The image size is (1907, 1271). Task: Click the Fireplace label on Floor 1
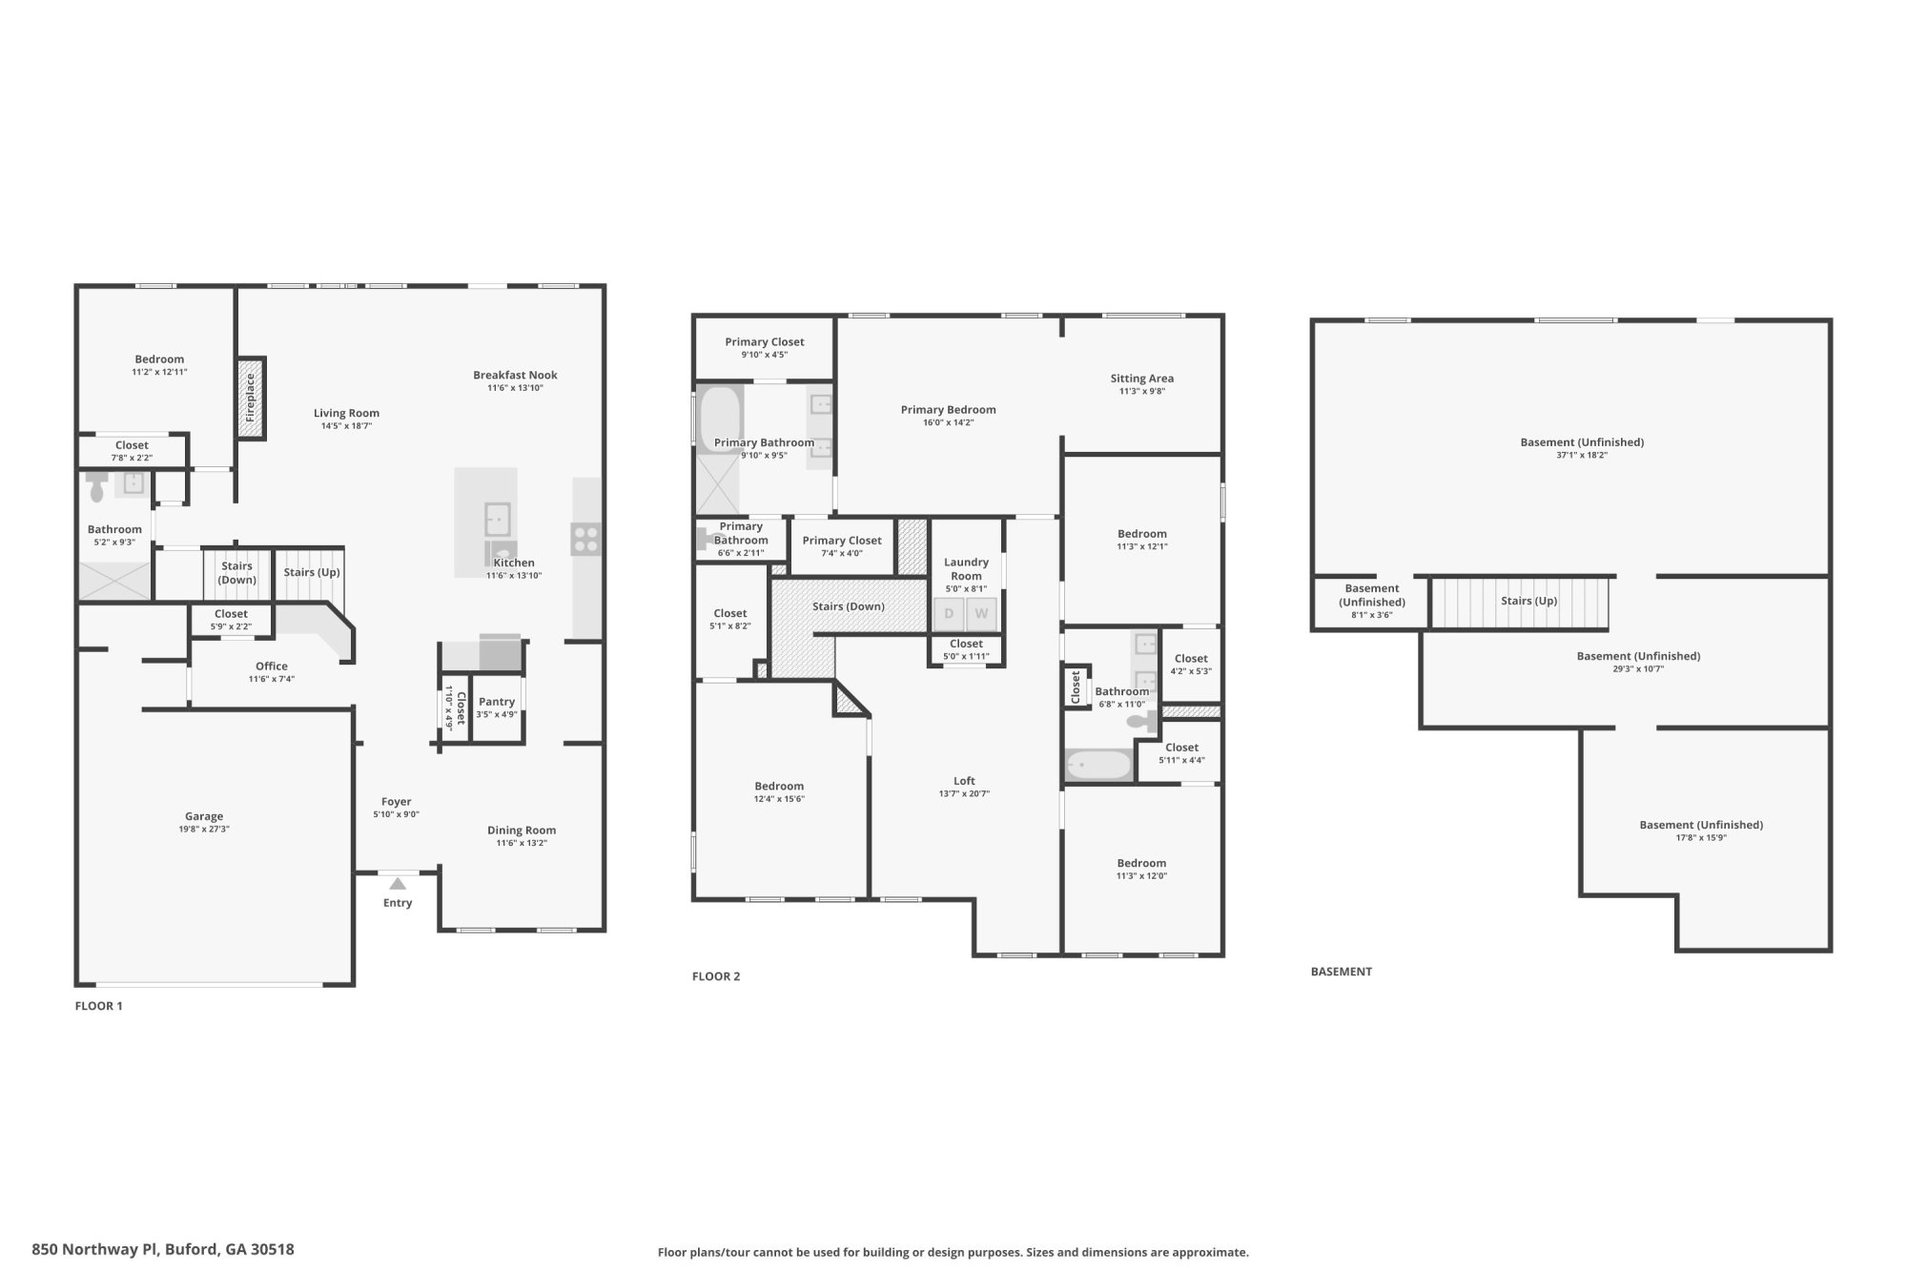click(x=251, y=398)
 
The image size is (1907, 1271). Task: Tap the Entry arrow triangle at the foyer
click(x=398, y=884)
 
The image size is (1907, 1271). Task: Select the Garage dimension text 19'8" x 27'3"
click(x=204, y=830)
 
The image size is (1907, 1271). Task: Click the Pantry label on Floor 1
click(x=497, y=702)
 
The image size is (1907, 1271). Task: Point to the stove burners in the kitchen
click(x=585, y=540)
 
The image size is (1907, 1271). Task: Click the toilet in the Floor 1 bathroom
click(x=96, y=488)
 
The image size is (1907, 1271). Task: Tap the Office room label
click(x=272, y=666)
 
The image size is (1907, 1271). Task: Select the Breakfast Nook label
click(x=515, y=375)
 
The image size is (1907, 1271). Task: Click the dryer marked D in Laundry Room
click(x=949, y=614)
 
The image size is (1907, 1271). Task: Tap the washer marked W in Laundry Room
click(x=981, y=614)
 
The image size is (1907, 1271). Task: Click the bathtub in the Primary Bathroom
click(x=720, y=416)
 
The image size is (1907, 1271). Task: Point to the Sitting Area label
click(x=1141, y=379)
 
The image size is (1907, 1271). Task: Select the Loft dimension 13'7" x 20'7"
click(x=964, y=793)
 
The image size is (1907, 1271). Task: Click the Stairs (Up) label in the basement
click(x=1528, y=601)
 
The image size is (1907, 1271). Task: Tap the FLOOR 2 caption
click(x=716, y=976)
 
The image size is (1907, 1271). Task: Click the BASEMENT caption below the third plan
click(x=1341, y=972)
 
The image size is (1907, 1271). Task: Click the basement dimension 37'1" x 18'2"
click(x=1582, y=456)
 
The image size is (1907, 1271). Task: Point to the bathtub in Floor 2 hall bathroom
click(x=1097, y=765)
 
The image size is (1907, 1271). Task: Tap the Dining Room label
click(x=522, y=830)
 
